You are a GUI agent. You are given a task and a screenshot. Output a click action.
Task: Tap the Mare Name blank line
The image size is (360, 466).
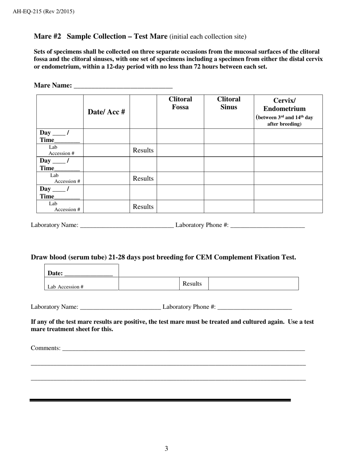pyautogui.click(x=123, y=86)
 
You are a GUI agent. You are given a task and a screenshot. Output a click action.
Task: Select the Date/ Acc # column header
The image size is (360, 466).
pyautogui.click(x=106, y=112)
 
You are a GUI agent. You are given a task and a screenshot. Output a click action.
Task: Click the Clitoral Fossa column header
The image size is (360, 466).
pyautogui.click(x=180, y=103)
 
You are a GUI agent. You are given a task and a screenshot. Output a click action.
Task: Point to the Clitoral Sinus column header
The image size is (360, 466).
pyautogui.click(x=229, y=103)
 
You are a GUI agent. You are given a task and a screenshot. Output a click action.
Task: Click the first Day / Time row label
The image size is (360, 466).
pyautogui.click(x=59, y=136)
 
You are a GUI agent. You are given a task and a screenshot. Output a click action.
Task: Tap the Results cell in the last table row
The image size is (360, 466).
pyautogui.click(x=143, y=207)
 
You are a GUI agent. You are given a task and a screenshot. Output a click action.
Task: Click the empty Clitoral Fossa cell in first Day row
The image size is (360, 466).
pyautogui.click(x=180, y=136)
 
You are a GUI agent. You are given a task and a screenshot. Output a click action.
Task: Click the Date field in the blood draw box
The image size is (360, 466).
pyautogui.click(x=88, y=273)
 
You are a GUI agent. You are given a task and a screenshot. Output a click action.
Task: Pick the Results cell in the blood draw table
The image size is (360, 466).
pyautogui.click(x=192, y=284)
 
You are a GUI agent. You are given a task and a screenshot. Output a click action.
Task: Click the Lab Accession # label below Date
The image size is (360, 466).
pyautogui.click(x=66, y=287)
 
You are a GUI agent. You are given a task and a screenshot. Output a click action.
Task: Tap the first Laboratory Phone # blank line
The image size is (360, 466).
pyautogui.click(x=267, y=225)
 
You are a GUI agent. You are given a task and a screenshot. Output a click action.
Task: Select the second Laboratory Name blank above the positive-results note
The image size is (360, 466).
pyautogui.click(x=121, y=307)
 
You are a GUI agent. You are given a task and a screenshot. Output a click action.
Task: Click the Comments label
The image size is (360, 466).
pyautogui.click(x=45, y=348)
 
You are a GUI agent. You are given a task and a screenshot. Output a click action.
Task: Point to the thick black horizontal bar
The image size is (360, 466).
pyautogui.click(x=160, y=400)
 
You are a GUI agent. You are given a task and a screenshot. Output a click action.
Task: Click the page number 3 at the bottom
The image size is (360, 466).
pyautogui.click(x=166, y=449)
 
